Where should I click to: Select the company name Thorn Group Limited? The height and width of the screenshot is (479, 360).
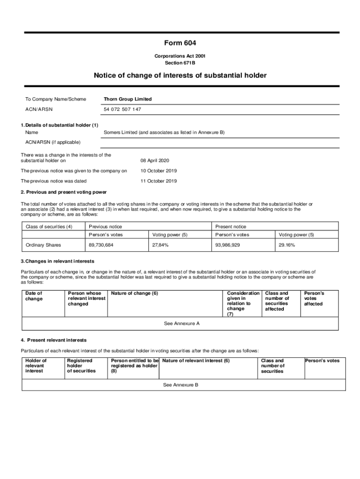coord(128,99)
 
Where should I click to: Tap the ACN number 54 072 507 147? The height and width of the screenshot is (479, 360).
coord(122,109)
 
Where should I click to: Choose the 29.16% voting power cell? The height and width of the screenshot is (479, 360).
coord(287,245)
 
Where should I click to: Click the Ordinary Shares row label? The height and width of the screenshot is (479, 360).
coord(43,245)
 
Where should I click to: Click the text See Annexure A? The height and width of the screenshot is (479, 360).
coord(182,323)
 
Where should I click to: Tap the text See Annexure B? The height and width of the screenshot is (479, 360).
coord(180,385)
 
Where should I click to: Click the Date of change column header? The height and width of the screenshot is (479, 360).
coord(34,296)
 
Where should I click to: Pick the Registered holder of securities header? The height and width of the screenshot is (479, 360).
coord(81,366)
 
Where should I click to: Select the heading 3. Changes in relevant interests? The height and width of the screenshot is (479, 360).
coord(58,261)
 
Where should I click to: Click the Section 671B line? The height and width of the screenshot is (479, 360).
coord(180,63)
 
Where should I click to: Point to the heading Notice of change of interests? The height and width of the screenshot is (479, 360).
coord(180,75)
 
